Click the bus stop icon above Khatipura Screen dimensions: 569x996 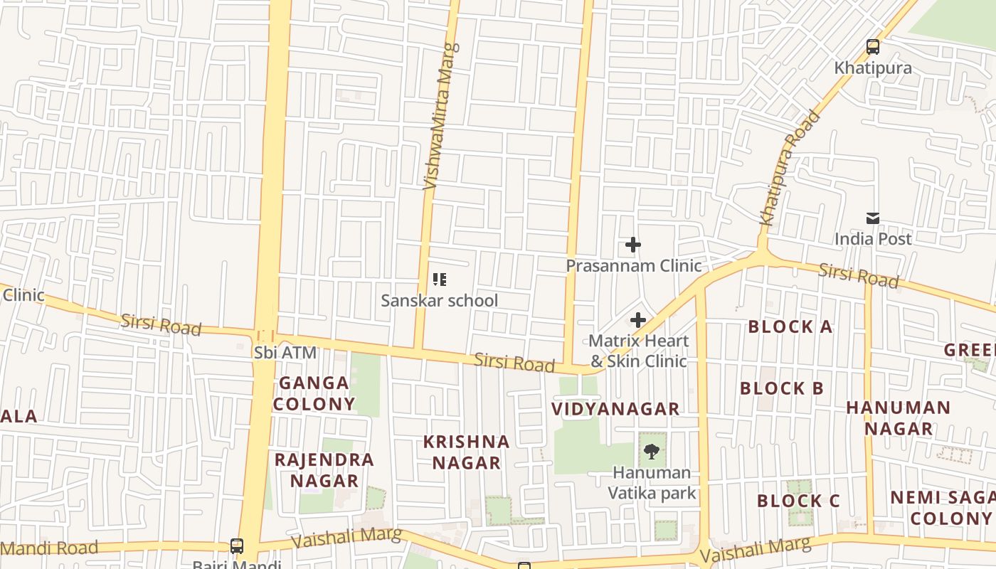tap(873, 48)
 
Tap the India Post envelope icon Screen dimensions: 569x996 tap(873, 218)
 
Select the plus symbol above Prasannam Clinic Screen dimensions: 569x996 tap(632, 245)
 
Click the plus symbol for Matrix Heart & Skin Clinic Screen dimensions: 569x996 tap(638, 320)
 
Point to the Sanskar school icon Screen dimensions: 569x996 tap(440, 280)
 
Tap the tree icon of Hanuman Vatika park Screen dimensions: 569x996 tap(651, 451)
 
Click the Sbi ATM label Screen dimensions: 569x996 tap(285, 353)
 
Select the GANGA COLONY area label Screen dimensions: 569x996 tap(314, 393)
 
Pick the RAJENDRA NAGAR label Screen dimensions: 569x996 tap(324, 470)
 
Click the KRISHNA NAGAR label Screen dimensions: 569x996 tap(467, 452)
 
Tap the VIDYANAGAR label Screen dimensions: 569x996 tap(616, 409)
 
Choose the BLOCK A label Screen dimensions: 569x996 tap(790, 327)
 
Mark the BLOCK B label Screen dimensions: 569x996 tap(782, 388)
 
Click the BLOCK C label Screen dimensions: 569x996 tap(798, 501)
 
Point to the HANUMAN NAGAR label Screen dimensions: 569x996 tap(898, 418)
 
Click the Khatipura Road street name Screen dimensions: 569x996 tap(790, 169)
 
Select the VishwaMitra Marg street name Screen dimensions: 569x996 tap(441, 117)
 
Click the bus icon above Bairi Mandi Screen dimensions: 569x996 tap(237, 546)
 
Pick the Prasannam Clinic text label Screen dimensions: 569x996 tap(633, 266)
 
